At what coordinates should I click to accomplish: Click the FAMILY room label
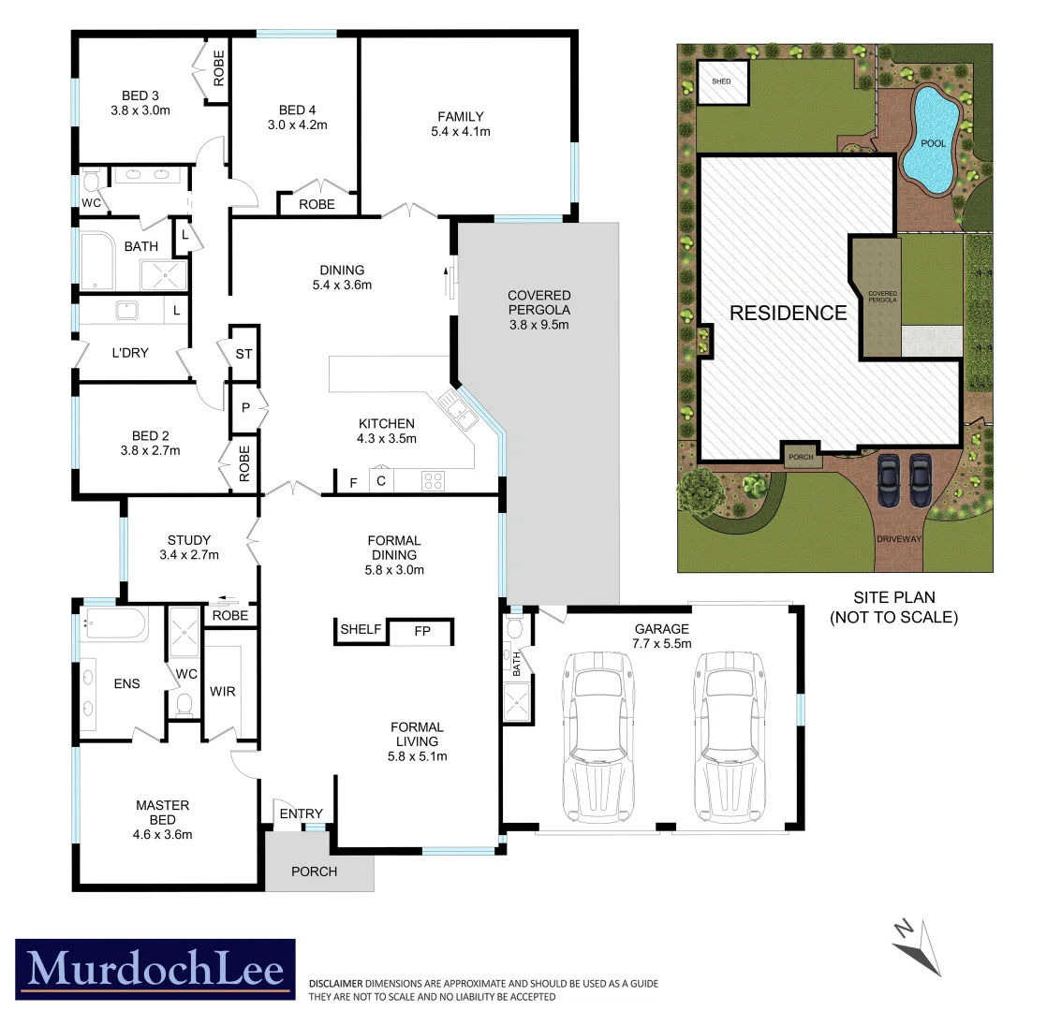(x=461, y=116)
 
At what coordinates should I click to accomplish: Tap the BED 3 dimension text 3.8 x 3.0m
(x=140, y=110)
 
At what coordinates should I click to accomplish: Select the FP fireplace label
(x=422, y=631)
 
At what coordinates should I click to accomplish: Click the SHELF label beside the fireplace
(x=361, y=629)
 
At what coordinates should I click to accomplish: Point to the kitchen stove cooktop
(x=433, y=481)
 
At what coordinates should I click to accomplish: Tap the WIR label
(x=223, y=691)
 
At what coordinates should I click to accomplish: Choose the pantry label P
(x=244, y=408)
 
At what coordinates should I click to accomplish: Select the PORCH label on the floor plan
(x=314, y=872)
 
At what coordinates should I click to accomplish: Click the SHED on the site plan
(x=722, y=81)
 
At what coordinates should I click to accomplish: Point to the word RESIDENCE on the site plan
(x=788, y=313)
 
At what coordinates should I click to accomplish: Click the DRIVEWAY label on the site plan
(x=900, y=540)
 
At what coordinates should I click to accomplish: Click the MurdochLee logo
(x=155, y=969)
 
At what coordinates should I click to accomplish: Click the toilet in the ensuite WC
(x=184, y=704)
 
